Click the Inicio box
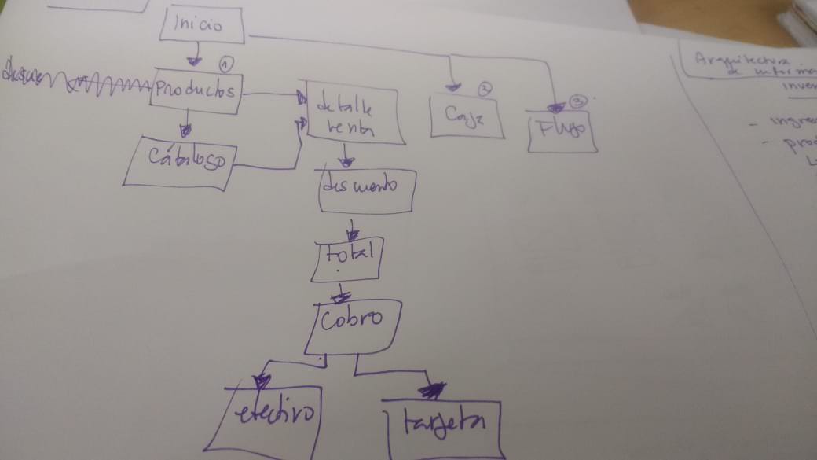pos(202,24)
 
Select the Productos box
pos(196,93)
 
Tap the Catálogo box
pos(179,160)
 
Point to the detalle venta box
pos(352,116)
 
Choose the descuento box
pos(366,190)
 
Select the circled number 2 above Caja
pos(485,89)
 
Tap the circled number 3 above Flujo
pos(579,101)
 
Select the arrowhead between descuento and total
pos(353,235)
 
